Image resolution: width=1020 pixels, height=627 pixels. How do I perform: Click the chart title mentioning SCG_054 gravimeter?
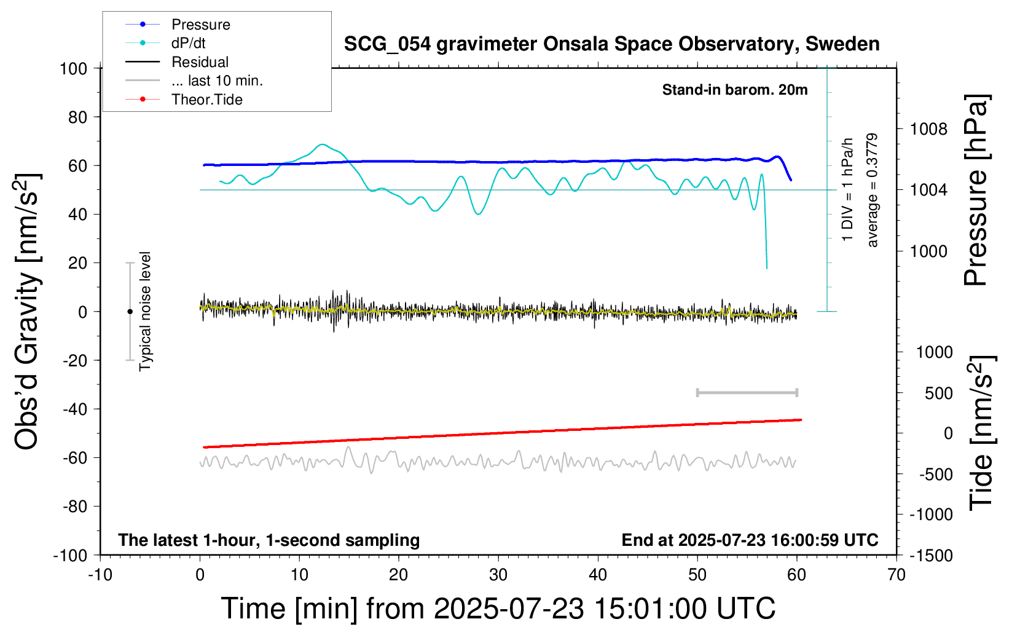[611, 44]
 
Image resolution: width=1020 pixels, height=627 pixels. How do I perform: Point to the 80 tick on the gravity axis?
[77, 117]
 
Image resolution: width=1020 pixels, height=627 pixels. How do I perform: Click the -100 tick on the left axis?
[70, 556]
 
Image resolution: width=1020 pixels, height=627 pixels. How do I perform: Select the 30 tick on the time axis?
[498, 575]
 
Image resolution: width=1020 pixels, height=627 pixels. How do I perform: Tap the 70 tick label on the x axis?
[896, 575]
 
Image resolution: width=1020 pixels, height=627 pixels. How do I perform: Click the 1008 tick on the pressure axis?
[928, 130]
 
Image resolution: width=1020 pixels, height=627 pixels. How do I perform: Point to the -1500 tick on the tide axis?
[931, 556]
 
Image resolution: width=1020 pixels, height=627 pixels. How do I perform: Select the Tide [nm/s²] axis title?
[982, 433]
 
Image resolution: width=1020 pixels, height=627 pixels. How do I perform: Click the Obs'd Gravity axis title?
[27, 312]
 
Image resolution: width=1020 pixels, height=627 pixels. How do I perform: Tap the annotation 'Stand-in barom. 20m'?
[735, 90]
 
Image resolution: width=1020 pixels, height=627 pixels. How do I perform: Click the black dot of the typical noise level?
[130, 312]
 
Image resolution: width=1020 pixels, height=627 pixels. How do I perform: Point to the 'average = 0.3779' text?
[871, 191]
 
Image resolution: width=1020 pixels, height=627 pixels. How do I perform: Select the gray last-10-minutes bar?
[747, 393]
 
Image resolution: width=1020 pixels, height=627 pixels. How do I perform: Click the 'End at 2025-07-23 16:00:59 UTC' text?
[750, 540]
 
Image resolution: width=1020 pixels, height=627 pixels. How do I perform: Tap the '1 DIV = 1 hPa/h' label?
[847, 189]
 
